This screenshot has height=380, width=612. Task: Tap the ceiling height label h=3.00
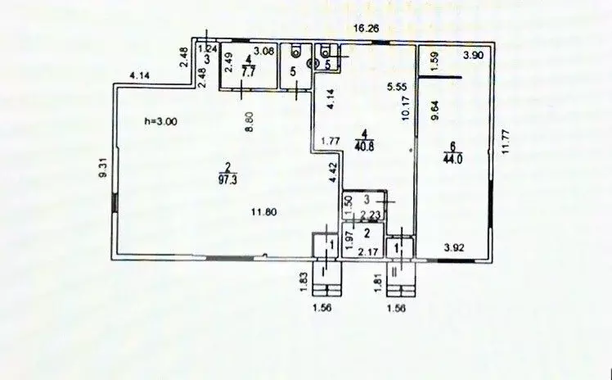tap(160, 121)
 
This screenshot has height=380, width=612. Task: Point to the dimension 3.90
tap(474, 56)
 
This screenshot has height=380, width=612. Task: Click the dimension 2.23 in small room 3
tap(367, 216)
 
